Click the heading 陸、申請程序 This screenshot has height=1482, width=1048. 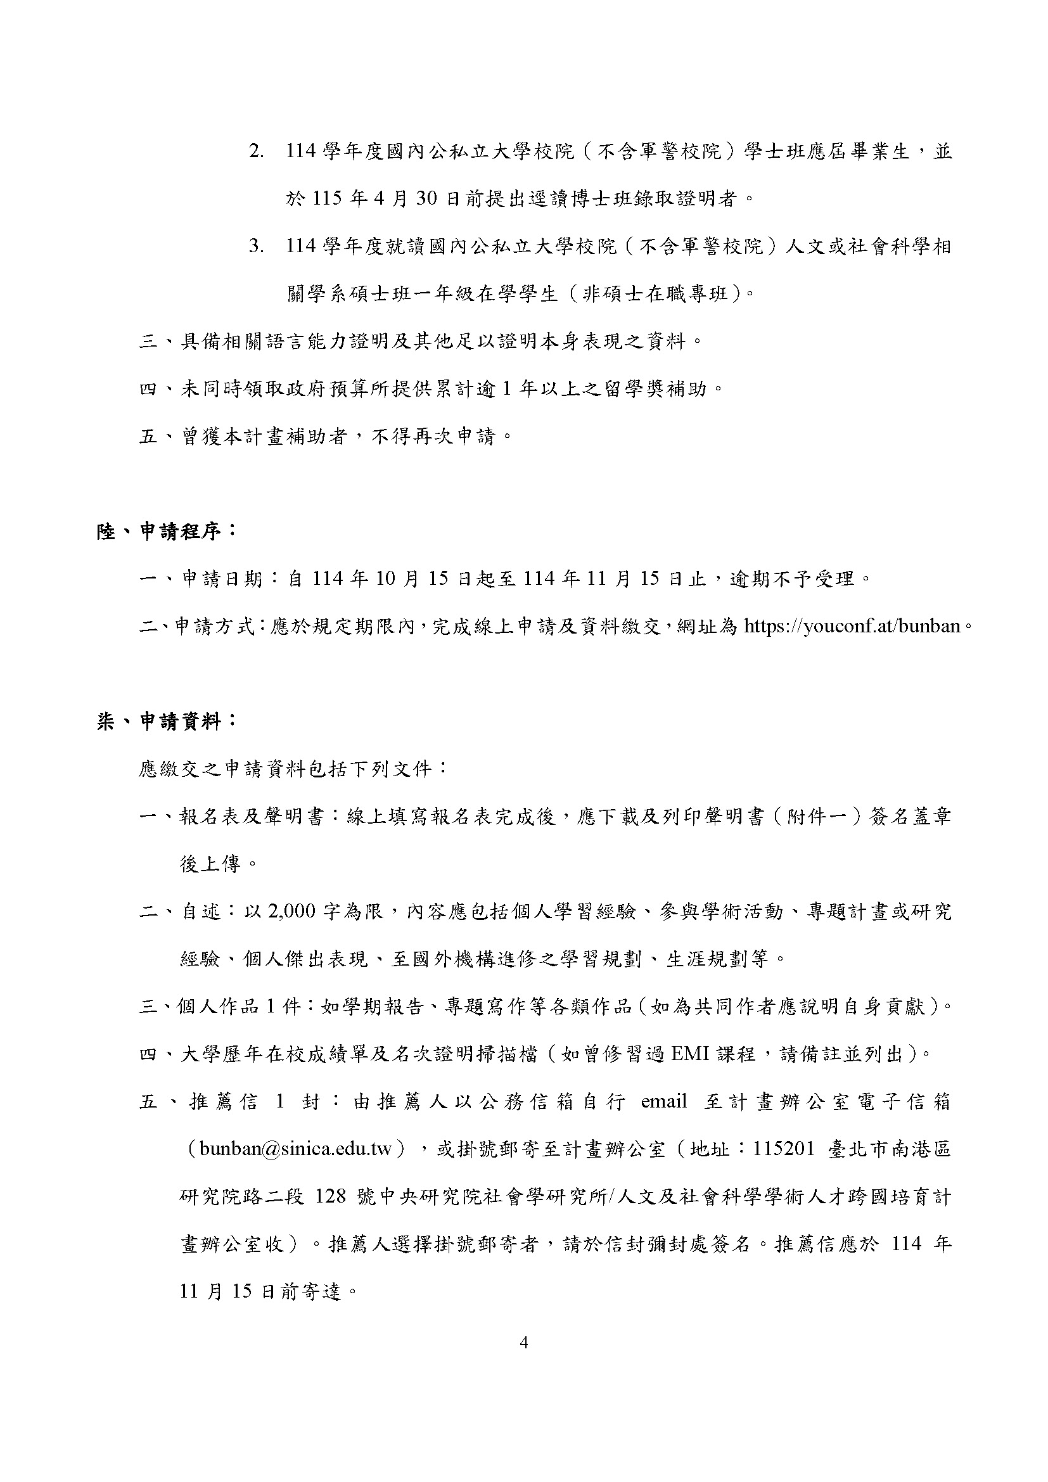tap(167, 532)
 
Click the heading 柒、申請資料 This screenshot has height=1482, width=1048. tap(167, 722)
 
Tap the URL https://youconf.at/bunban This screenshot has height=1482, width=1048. tap(852, 626)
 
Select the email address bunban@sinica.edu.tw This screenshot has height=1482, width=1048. tap(296, 1149)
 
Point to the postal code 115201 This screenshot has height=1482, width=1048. tap(784, 1149)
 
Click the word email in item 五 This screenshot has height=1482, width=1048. tap(664, 1101)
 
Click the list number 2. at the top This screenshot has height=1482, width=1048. tap(257, 152)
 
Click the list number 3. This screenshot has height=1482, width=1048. tap(257, 246)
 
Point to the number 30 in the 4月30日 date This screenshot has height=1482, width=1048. tap(427, 199)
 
